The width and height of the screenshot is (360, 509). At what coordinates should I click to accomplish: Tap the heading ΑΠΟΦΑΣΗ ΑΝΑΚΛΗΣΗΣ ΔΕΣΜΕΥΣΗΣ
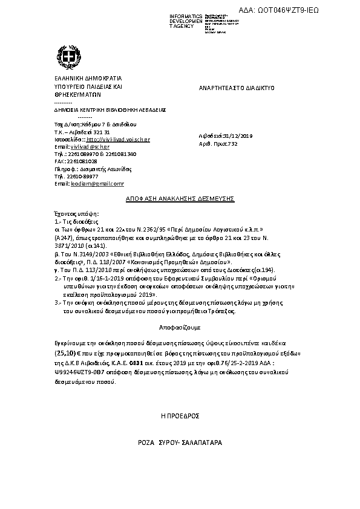(x=180, y=198)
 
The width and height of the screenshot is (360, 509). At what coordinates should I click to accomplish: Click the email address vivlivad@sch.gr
(x=90, y=147)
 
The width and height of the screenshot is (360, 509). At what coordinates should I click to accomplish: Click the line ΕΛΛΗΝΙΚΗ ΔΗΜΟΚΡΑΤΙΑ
(x=88, y=79)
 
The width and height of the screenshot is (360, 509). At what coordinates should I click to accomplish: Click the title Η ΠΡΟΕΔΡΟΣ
(x=180, y=417)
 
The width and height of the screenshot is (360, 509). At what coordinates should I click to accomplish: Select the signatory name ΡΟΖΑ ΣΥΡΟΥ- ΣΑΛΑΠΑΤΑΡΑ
(x=180, y=443)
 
